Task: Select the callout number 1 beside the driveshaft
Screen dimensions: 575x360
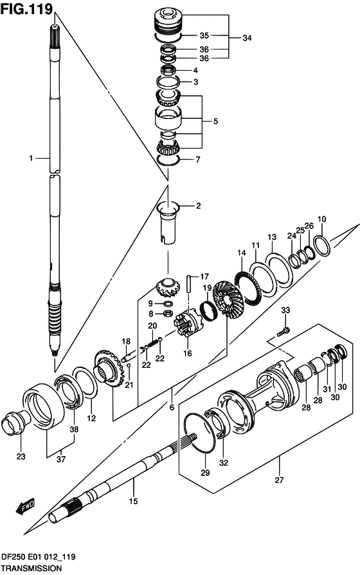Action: tap(30, 158)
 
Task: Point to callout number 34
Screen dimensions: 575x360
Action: tap(247, 38)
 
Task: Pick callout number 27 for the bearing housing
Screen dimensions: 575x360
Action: tap(280, 479)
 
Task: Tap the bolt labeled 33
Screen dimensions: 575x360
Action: tap(283, 331)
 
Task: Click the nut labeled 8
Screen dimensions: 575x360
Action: tap(166, 315)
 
